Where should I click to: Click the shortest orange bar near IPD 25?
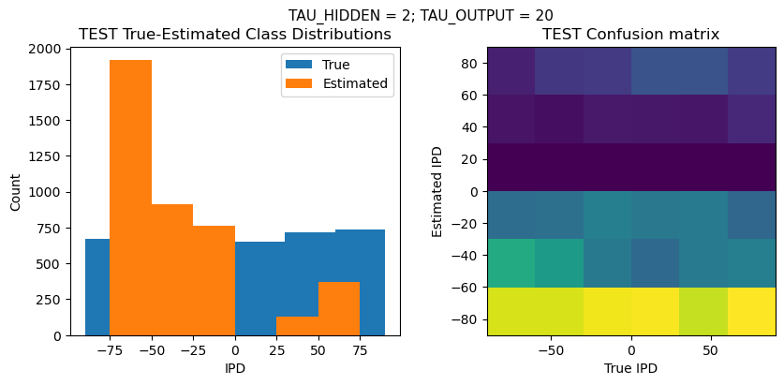point(297,326)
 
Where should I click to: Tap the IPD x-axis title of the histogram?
point(235,368)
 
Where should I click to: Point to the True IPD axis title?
point(631,368)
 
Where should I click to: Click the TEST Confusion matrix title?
point(631,35)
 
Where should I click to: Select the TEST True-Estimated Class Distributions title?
point(235,35)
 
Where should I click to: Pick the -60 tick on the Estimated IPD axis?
point(466,288)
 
